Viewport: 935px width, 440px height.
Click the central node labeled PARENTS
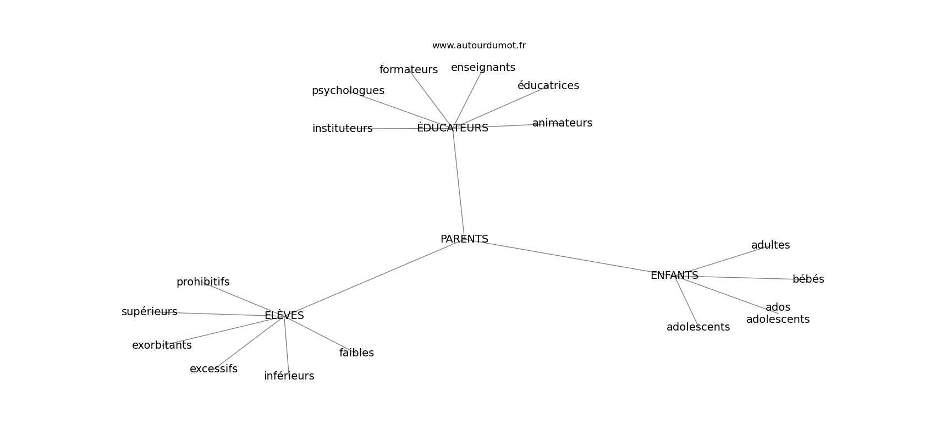[464, 239]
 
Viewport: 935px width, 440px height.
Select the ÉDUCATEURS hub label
[452, 128]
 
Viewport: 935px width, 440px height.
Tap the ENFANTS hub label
[674, 276]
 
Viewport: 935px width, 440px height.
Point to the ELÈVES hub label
[284, 316]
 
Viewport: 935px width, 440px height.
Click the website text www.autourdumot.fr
[479, 46]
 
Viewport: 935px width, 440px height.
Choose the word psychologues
[348, 91]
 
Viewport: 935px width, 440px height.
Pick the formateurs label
[408, 70]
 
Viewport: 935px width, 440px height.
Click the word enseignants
[483, 68]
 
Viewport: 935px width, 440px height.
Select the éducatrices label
[548, 86]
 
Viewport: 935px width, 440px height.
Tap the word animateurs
[562, 123]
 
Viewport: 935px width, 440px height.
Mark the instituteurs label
[342, 129]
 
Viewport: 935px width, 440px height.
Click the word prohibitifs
[203, 282]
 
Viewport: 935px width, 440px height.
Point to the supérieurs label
[149, 312]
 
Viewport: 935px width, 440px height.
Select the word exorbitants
[162, 345]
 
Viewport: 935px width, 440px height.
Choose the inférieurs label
[289, 376]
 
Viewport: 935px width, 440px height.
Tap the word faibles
[356, 353]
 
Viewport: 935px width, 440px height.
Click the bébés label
[808, 279]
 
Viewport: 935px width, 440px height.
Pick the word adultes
[770, 245]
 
